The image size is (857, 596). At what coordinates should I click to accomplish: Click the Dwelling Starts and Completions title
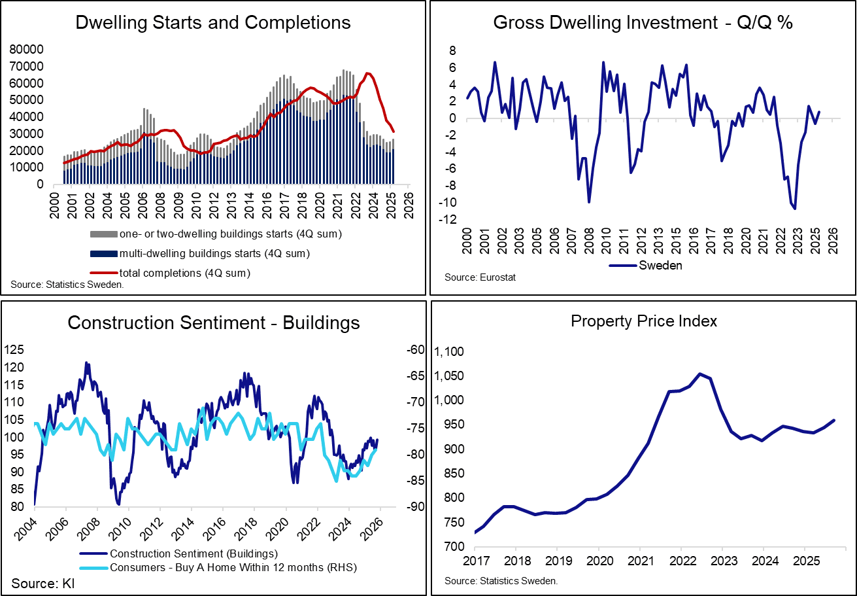pyautogui.click(x=213, y=23)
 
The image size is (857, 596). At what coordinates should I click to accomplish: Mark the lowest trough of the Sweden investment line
pyautogui.click(x=795, y=209)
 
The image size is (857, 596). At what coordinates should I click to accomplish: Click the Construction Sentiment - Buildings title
pyautogui.click(x=213, y=323)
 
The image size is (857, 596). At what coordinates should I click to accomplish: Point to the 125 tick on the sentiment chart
pyautogui.click(x=20, y=350)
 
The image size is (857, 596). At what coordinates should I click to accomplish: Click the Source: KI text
pyautogui.click(x=42, y=583)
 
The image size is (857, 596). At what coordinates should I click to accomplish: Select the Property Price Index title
pyautogui.click(x=644, y=321)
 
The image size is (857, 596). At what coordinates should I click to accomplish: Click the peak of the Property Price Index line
pyautogui.click(x=699, y=374)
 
